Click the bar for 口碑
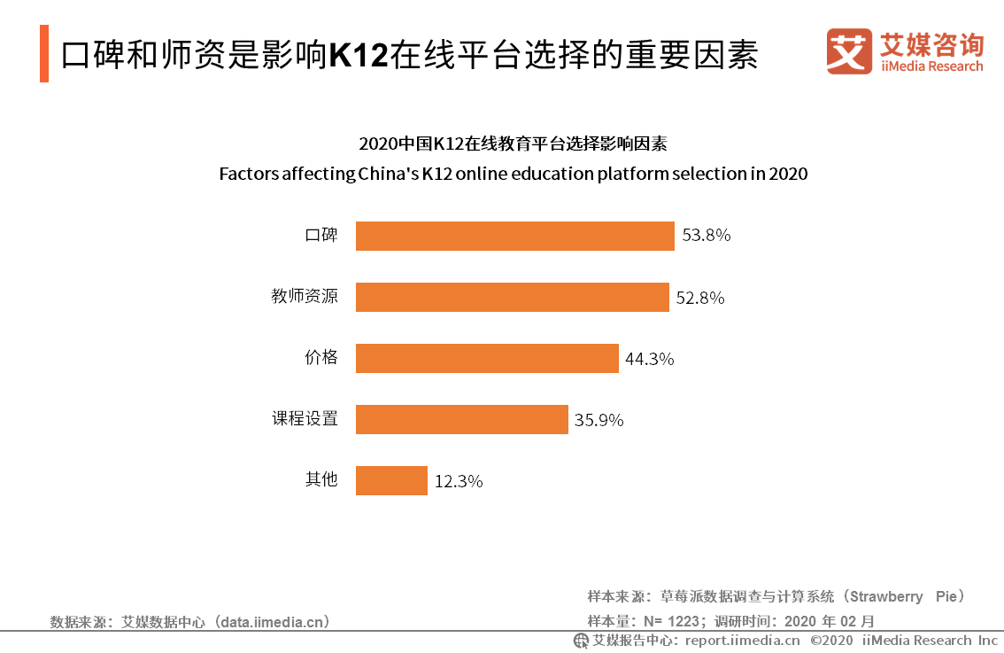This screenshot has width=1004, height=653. point(515,236)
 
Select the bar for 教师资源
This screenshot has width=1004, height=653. point(512,297)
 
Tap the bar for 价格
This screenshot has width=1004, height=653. point(487,358)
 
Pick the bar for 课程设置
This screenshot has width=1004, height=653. point(461,419)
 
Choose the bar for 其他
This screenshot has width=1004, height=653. point(391,480)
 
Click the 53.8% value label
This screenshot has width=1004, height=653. point(706,236)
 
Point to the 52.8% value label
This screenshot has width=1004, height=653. point(700,298)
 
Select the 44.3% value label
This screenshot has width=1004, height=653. point(650,359)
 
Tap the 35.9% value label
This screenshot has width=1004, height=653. point(599,420)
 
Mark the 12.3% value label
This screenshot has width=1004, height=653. point(458,481)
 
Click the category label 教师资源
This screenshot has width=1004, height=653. point(305,296)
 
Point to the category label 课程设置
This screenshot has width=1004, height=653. point(305,418)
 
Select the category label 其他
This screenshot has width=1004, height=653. point(321,479)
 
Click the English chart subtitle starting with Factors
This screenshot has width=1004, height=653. point(514,174)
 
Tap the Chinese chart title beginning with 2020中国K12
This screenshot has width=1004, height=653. point(514,144)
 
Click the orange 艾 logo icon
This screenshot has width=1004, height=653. point(849,51)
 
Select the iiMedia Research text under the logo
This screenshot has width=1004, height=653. point(931,66)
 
